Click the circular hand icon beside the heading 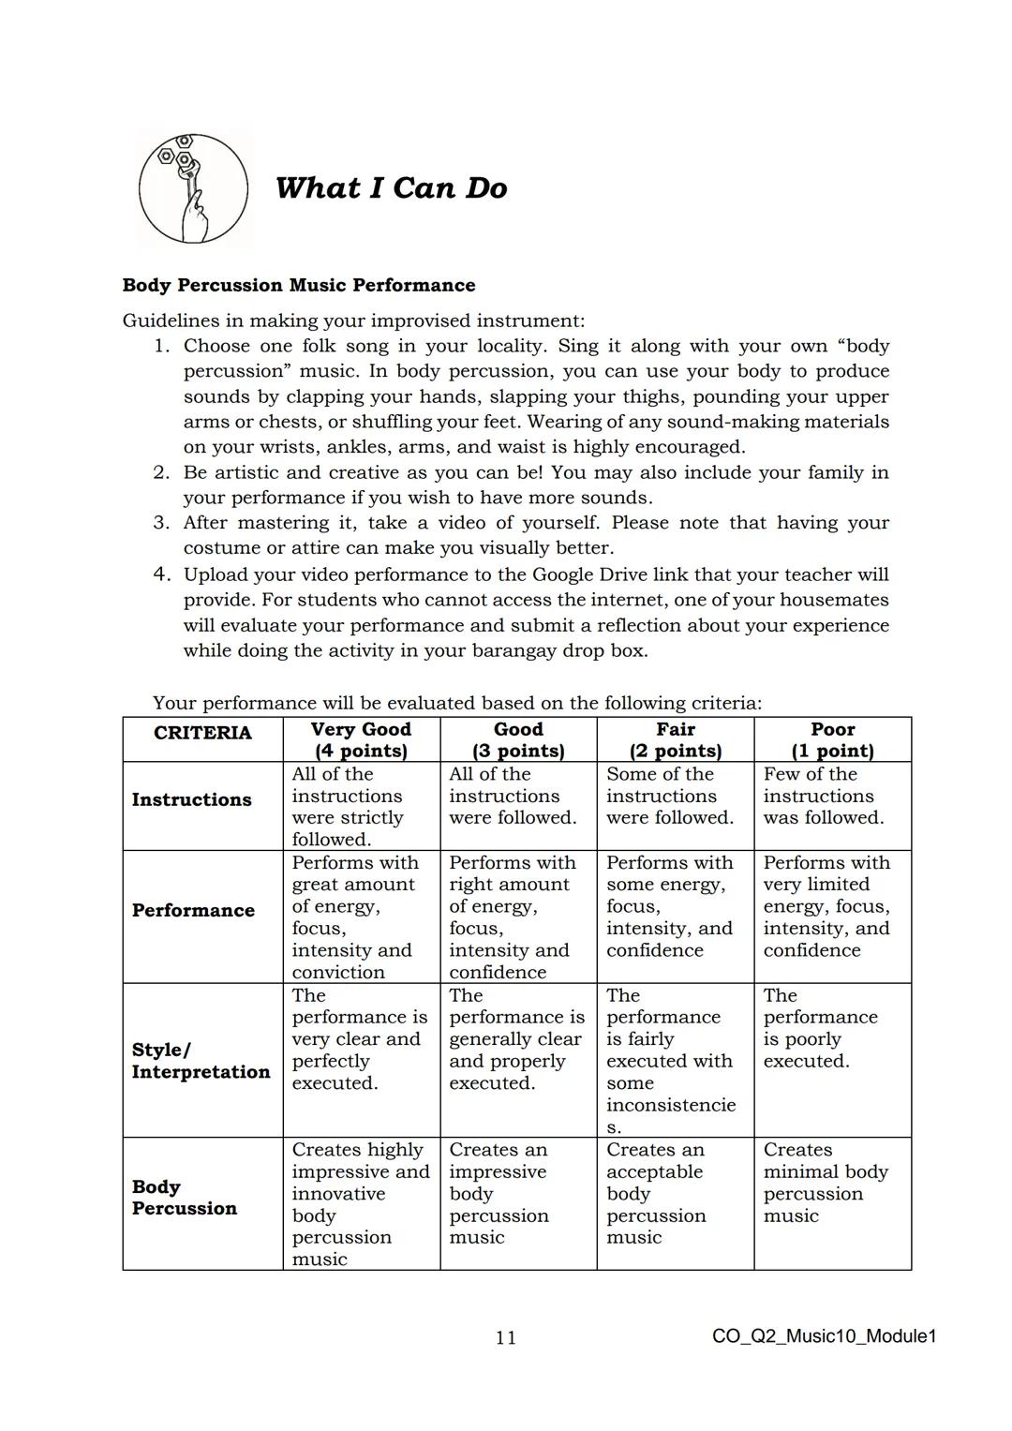[x=194, y=188]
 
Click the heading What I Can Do [x=391, y=187]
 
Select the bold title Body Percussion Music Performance [x=299, y=285]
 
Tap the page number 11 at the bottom [x=505, y=1337]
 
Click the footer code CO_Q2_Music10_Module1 [x=824, y=1336]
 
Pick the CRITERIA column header [x=202, y=733]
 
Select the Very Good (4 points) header [x=361, y=739]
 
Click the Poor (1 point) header [x=832, y=739]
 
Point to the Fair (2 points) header [x=675, y=739]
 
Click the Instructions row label [x=192, y=799]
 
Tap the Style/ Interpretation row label [x=201, y=1061]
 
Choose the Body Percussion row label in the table [x=185, y=1198]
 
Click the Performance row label [x=193, y=910]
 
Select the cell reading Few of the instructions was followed [x=823, y=797]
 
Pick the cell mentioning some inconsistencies [x=670, y=1061]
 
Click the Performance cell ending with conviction [x=354, y=917]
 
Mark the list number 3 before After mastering [x=161, y=523]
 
